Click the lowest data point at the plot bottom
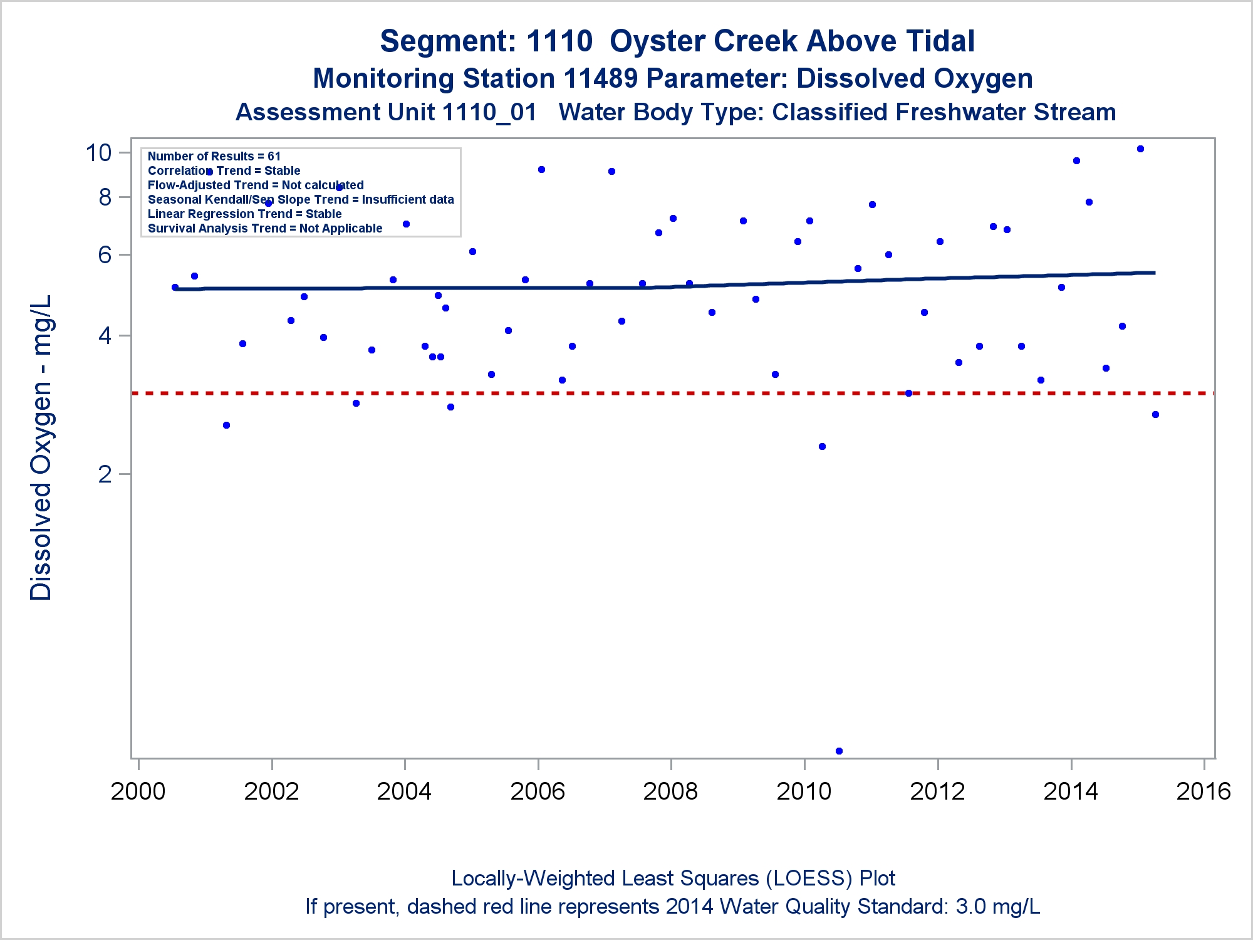tap(839, 751)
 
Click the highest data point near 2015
tap(1140, 149)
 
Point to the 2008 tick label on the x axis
tap(670, 791)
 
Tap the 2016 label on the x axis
tap(1204, 791)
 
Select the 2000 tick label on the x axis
tap(138, 791)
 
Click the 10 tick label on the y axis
tap(98, 152)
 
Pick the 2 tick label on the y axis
tap(105, 474)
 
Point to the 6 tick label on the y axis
tap(105, 254)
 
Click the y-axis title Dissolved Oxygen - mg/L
tap(41, 447)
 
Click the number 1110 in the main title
tap(559, 41)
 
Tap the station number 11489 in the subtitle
tap(600, 79)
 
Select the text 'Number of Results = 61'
tap(214, 156)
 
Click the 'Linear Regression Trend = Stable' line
tap(244, 214)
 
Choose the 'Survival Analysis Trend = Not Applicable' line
tap(265, 228)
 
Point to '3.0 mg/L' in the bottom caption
tap(997, 907)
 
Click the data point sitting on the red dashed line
tap(908, 394)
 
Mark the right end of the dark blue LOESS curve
tap(1154, 273)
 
